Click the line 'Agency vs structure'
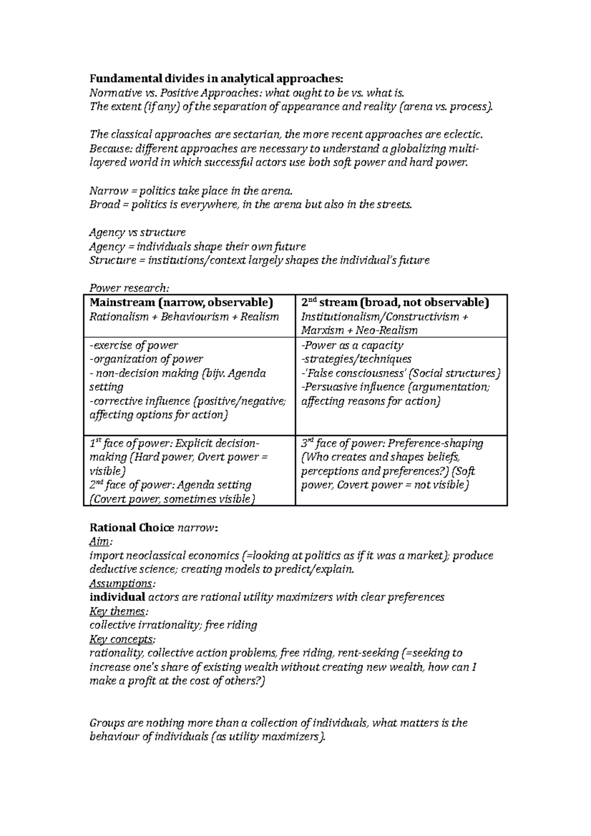click(x=137, y=232)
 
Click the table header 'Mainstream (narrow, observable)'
click(x=181, y=302)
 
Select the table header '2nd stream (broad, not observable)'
click(x=395, y=302)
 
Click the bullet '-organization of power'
click(x=146, y=359)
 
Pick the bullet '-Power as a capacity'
click(x=352, y=345)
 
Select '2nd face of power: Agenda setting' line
click(x=170, y=485)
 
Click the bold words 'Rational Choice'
click(x=131, y=528)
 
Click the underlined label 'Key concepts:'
click(x=122, y=639)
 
